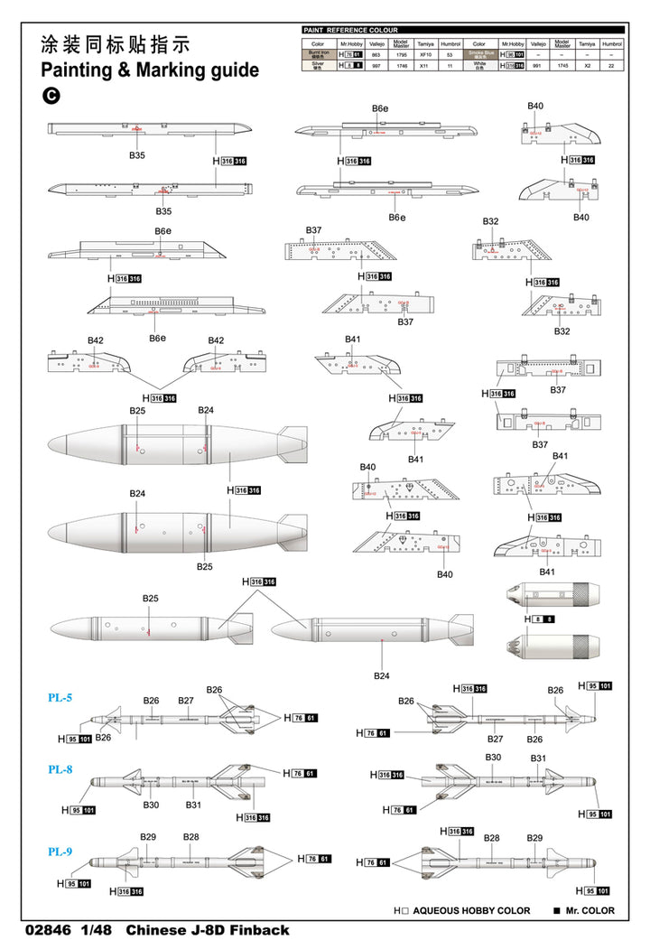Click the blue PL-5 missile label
[x=60, y=697]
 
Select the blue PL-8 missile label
[x=60, y=769]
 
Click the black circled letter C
[x=51, y=95]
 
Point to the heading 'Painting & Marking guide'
[x=150, y=70]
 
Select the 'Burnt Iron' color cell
[x=317, y=54]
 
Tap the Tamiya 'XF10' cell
[x=426, y=54]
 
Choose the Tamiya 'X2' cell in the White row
[x=587, y=66]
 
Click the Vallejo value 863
[x=376, y=54]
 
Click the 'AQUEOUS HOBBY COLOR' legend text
[x=471, y=911]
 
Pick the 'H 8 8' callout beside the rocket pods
[x=541, y=619]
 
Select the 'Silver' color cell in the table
[x=317, y=66]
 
